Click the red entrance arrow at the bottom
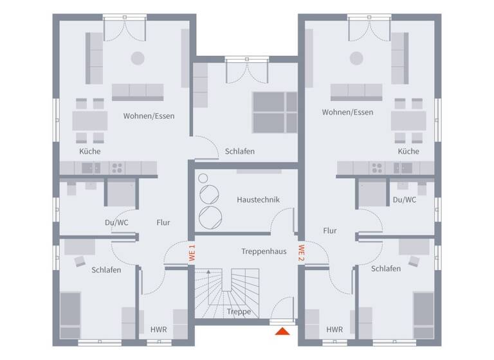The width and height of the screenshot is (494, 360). [282, 331]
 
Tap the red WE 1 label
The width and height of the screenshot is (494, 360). [191, 253]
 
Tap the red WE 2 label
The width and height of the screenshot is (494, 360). [300, 253]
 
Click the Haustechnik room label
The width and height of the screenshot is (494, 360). [258, 200]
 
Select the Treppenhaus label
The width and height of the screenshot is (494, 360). [264, 251]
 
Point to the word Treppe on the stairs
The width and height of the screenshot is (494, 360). [239, 312]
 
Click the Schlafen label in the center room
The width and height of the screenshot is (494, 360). [240, 152]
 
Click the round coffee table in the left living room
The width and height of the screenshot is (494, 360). [138, 58]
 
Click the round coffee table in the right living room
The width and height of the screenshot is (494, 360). [356, 58]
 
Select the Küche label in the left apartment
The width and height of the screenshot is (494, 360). [90, 152]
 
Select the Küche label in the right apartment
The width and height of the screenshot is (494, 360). [408, 152]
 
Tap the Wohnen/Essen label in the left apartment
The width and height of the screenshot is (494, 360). [149, 116]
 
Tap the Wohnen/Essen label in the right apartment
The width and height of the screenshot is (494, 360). [347, 113]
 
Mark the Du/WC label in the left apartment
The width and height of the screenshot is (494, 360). [116, 222]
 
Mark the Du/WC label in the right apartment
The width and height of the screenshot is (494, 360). [405, 200]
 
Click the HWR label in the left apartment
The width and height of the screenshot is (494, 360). [159, 330]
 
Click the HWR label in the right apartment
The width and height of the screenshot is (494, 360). [334, 330]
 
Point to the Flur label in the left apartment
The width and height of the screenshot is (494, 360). [163, 222]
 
